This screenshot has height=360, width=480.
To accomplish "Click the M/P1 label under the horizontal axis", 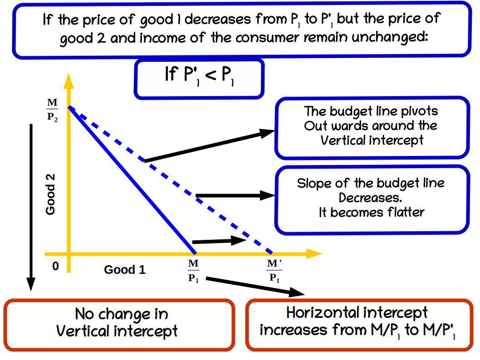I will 193,271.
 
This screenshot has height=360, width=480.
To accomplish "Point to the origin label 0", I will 55,266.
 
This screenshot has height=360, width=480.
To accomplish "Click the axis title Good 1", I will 125,270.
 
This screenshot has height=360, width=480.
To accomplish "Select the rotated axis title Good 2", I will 50,194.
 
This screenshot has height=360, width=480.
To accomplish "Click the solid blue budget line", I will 132,180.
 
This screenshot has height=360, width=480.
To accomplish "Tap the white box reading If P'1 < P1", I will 199,78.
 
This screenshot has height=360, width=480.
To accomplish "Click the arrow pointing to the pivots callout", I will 209,146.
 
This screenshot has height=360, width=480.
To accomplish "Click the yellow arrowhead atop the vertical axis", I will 69,80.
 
